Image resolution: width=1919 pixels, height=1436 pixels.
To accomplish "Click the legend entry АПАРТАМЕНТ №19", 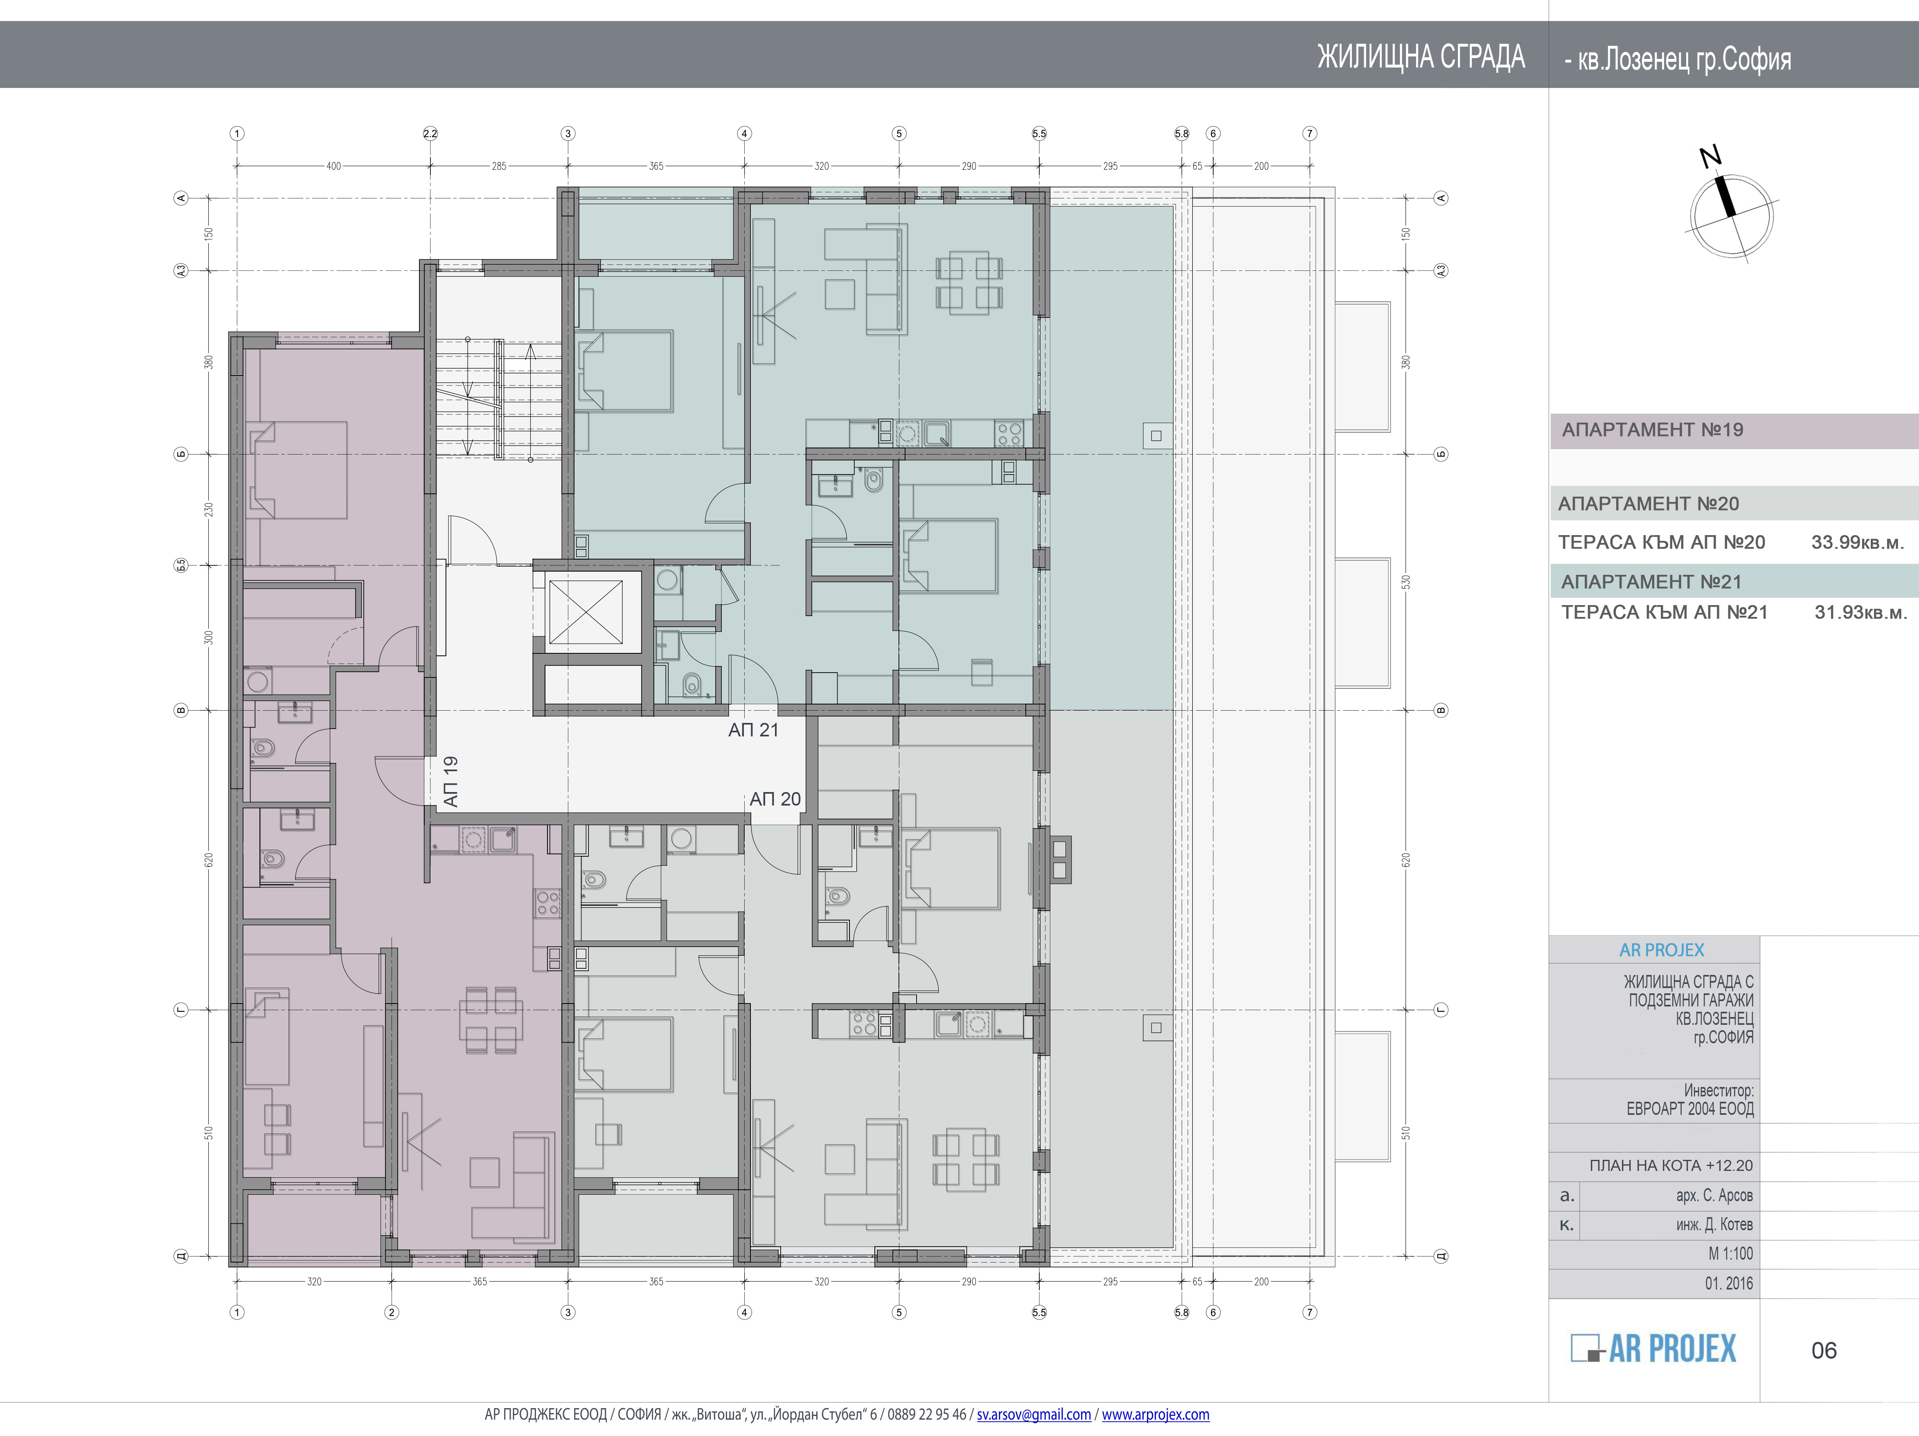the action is click(x=1653, y=430).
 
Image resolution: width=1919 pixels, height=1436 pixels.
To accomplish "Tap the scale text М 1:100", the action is click(x=1731, y=1254).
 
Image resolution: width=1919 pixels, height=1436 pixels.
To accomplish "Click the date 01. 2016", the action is click(x=1729, y=1283).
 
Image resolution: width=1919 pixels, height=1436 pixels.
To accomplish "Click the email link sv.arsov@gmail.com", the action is click(x=1034, y=1414).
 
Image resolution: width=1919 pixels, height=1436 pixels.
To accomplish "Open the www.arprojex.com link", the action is click(x=1155, y=1414).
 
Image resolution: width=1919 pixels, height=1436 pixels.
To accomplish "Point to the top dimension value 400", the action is click(x=334, y=166).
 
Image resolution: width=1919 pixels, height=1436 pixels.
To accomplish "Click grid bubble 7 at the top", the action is click(x=1310, y=134).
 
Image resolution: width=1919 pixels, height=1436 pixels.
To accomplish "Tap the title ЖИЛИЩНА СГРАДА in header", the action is click(x=1421, y=57).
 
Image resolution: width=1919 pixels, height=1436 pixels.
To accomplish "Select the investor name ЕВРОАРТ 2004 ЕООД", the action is click(x=1690, y=1109).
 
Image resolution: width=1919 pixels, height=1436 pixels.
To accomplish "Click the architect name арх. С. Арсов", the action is click(x=1714, y=1196).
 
